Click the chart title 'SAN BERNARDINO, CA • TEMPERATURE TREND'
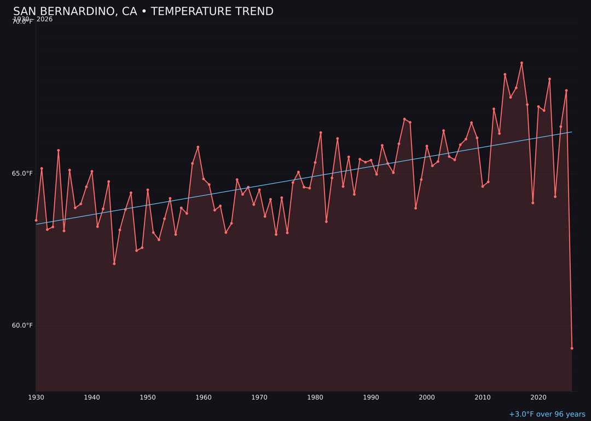pyautogui.click(x=143, y=12)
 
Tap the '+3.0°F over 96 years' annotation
pyautogui.click(x=547, y=414)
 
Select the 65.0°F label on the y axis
pyautogui.click(x=22, y=174)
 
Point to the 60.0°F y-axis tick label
pyautogui.click(x=22, y=326)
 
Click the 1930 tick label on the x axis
pyautogui.click(x=36, y=397)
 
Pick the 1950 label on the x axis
pyautogui.click(x=148, y=397)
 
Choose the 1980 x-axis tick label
pyautogui.click(x=315, y=397)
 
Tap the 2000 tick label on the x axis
pyautogui.click(x=427, y=397)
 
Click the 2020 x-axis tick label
pyautogui.click(x=538, y=397)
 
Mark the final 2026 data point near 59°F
pyautogui.click(x=572, y=348)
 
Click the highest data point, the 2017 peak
pyautogui.click(x=522, y=63)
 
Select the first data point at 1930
pyautogui.click(x=36, y=220)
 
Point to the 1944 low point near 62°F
pyautogui.click(x=114, y=264)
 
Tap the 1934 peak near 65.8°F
pyautogui.click(x=59, y=150)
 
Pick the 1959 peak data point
pyautogui.click(x=198, y=147)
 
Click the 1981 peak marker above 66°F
pyautogui.click(x=321, y=133)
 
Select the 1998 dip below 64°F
pyautogui.click(x=415, y=208)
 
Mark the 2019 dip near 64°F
pyautogui.click(x=533, y=203)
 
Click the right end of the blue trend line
pyautogui.click(x=571, y=132)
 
